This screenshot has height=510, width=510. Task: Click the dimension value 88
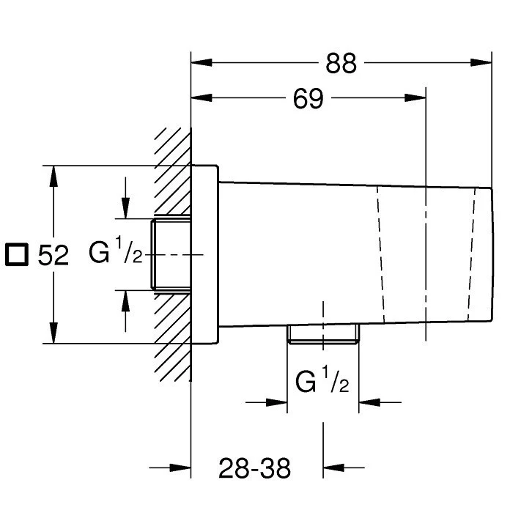click(341, 63)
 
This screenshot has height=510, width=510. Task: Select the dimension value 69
click(308, 98)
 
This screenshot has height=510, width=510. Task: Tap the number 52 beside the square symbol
click(53, 255)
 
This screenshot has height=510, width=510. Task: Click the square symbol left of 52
click(17, 254)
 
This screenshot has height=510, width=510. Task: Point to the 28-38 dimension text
click(254, 468)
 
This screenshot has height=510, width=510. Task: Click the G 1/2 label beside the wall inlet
click(116, 251)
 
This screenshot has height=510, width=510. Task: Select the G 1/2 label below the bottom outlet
click(322, 380)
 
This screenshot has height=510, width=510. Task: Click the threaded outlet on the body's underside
click(323, 333)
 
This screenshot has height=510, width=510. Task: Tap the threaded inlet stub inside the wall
click(171, 254)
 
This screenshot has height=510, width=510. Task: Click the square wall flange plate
click(204, 254)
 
